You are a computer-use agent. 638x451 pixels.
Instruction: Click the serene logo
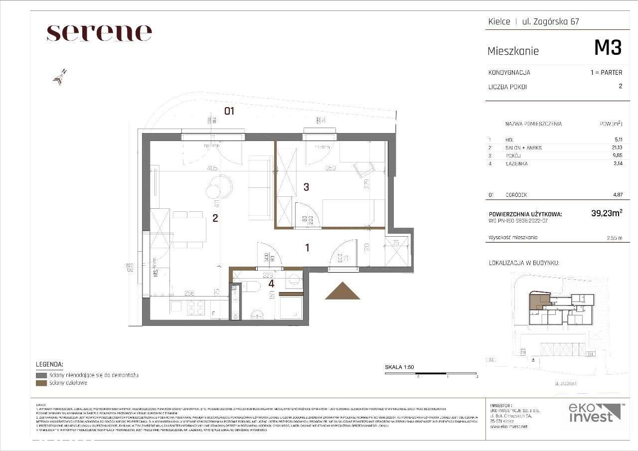coord(99,33)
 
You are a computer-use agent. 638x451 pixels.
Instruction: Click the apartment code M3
coord(608,48)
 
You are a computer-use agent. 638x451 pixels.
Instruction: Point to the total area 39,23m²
coord(606,213)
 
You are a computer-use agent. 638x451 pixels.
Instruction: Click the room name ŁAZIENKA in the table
coord(516,163)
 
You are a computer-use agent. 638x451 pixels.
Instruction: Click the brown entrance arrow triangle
coord(342,292)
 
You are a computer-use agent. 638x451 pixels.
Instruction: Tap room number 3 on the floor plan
coord(307,187)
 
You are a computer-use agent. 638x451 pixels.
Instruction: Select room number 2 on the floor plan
coord(215,217)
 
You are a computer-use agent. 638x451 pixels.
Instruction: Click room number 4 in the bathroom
coord(271,284)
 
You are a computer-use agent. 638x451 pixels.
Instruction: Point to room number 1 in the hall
coord(308,247)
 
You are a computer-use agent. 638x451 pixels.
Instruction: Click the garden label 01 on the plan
coord(229,111)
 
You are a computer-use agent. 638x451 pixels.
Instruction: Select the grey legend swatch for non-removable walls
coord(41,375)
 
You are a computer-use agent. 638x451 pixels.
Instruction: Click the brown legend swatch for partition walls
coord(41,383)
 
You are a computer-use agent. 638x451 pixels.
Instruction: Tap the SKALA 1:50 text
coord(399,367)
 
